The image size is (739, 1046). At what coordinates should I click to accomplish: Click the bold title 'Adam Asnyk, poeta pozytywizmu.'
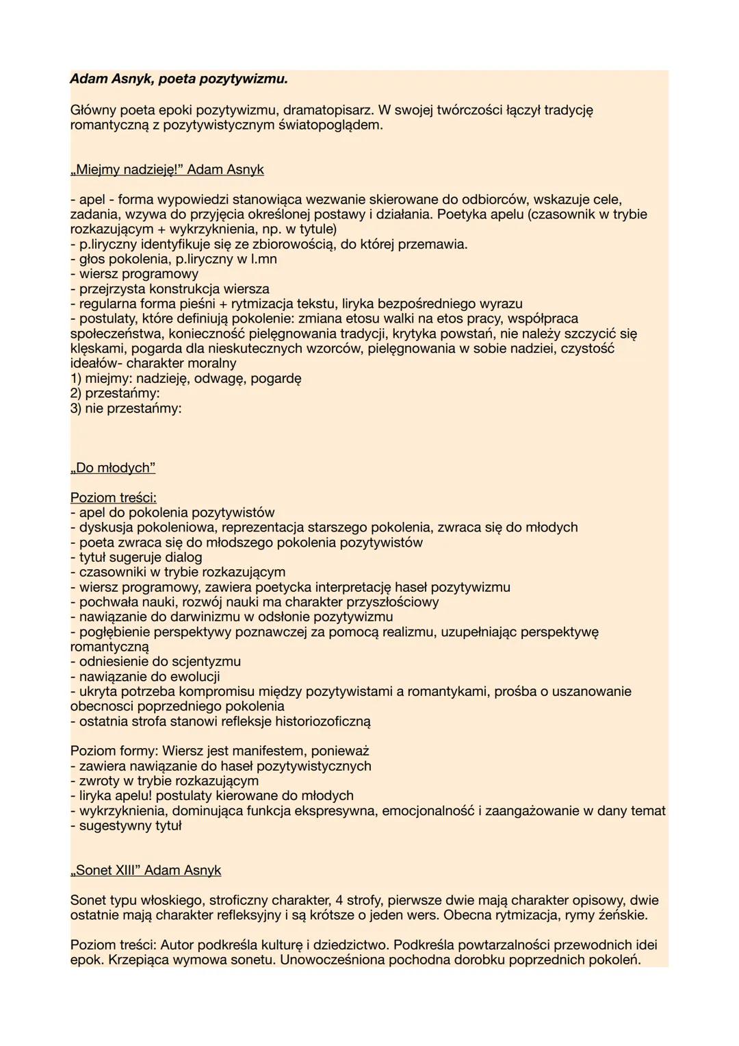(x=179, y=79)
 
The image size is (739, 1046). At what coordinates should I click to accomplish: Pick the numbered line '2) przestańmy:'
(x=115, y=393)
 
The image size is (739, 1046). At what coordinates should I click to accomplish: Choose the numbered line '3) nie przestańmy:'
(x=126, y=408)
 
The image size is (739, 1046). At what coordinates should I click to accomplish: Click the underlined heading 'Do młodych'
(x=113, y=468)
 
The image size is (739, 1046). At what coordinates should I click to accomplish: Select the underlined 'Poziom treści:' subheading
(x=113, y=498)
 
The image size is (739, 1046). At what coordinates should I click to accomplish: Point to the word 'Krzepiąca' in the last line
(x=100, y=960)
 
